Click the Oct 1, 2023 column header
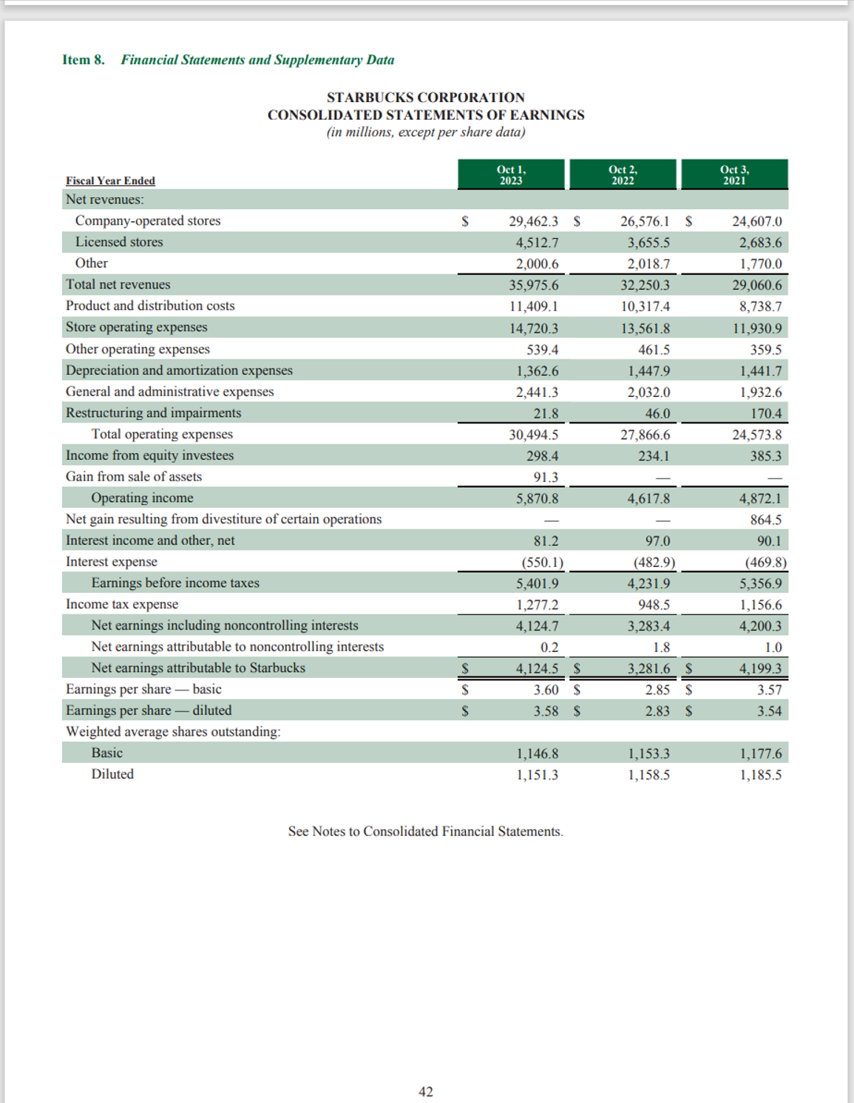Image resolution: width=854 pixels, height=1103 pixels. [x=511, y=174]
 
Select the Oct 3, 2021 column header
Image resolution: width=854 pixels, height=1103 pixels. [x=734, y=174]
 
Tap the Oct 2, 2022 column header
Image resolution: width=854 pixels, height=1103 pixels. [x=623, y=174]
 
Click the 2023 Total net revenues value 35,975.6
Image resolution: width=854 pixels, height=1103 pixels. [x=533, y=285]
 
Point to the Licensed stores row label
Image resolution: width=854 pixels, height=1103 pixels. [x=119, y=242]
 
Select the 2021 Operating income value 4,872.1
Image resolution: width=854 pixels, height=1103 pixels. [x=760, y=499]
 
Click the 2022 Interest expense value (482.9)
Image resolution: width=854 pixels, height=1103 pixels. [x=654, y=563]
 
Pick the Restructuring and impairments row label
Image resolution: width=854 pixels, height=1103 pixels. [x=153, y=413]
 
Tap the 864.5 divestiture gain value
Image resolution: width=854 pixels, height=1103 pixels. [x=765, y=520]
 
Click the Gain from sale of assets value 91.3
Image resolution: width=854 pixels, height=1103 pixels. [x=546, y=478]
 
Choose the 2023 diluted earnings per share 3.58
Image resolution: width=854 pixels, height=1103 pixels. [x=546, y=711]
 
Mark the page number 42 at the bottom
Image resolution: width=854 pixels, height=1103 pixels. [x=426, y=1092]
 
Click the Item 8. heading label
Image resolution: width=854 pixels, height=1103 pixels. [x=84, y=60]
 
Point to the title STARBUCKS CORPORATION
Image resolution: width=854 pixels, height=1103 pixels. [x=426, y=98]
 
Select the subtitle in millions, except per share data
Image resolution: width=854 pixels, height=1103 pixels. [x=426, y=132]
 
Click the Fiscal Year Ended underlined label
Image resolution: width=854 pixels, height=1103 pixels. [x=110, y=180]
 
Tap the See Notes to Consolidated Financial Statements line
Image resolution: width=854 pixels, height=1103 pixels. [x=426, y=832]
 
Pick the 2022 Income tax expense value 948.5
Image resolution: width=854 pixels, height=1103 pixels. [x=654, y=605]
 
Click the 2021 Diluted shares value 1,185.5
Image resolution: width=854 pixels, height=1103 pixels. [x=760, y=776]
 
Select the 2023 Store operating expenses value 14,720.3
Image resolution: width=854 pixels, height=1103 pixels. [x=533, y=328]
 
